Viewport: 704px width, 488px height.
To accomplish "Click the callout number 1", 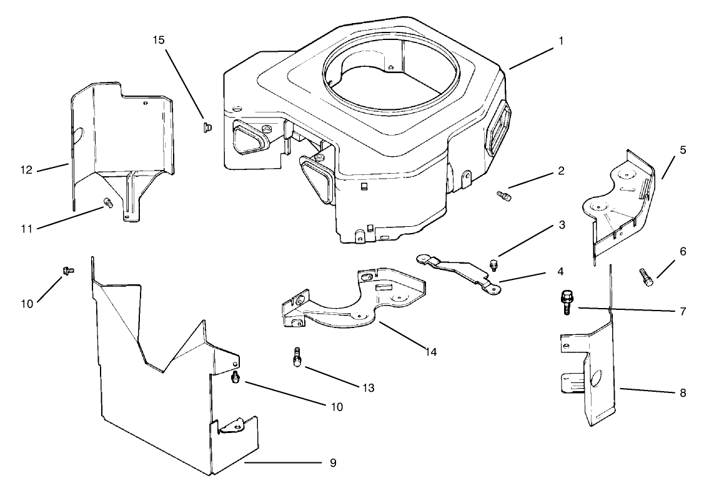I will pyautogui.click(x=561, y=41).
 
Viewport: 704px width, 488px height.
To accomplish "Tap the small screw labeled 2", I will pyautogui.click(x=503, y=196).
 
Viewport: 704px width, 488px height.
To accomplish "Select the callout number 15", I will pyautogui.click(x=159, y=40).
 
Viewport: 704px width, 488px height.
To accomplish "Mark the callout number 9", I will pyautogui.click(x=332, y=462).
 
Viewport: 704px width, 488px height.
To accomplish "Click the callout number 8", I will pyautogui.click(x=682, y=393).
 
